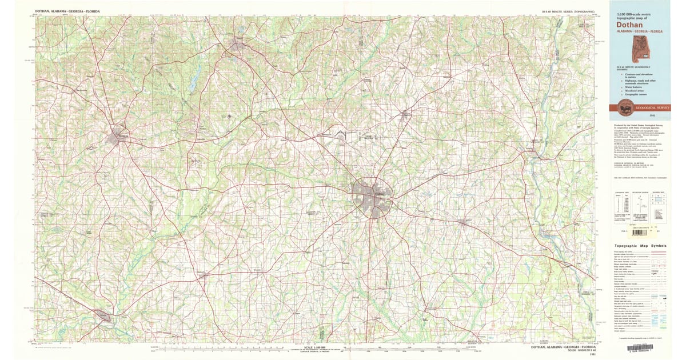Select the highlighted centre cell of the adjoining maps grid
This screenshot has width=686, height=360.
(659, 199)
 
